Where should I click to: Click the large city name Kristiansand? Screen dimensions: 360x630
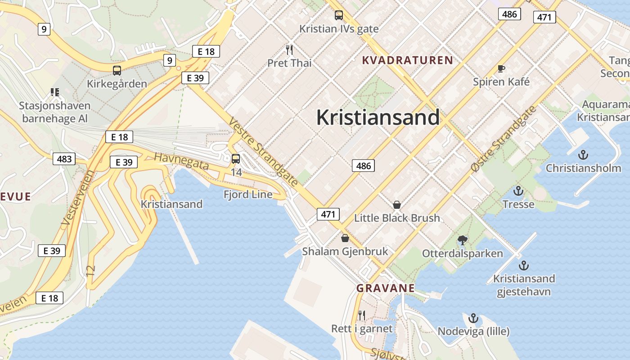pyautogui.click(x=378, y=117)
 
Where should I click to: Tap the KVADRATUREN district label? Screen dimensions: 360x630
pyautogui.click(x=407, y=60)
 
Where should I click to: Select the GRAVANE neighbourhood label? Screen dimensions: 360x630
pyautogui.click(x=385, y=288)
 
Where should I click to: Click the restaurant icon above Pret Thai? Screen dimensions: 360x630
pyautogui.click(x=289, y=49)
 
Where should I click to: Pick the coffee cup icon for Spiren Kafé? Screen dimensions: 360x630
pyautogui.click(x=501, y=68)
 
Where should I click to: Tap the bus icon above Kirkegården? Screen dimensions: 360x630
pyautogui.click(x=117, y=70)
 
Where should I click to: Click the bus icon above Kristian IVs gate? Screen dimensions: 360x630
pyautogui.click(x=339, y=15)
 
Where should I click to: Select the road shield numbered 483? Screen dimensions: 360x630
pyautogui.click(x=64, y=159)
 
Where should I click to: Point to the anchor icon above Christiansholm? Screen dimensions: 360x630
pyautogui.click(x=583, y=155)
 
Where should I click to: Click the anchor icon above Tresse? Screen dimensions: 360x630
pyautogui.click(x=518, y=191)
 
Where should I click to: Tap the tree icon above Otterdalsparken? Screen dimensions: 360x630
pyautogui.click(x=462, y=240)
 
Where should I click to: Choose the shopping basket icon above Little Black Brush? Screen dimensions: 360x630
pyautogui.click(x=397, y=205)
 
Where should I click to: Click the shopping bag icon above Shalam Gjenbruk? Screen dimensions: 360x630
pyautogui.click(x=345, y=238)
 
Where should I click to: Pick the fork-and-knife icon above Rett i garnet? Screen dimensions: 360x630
pyautogui.click(x=362, y=315)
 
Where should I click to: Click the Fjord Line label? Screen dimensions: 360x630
pyautogui.click(x=248, y=194)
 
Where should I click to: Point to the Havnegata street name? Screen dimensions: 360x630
pyautogui.click(x=181, y=161)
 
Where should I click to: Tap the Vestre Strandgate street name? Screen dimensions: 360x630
pyautogui.click(x=263, y=152)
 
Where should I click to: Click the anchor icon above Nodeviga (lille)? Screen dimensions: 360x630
pyautogui.click(x=473, y=319)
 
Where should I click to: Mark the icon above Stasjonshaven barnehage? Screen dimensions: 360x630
pyautogui.click(x=55, y=92)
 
